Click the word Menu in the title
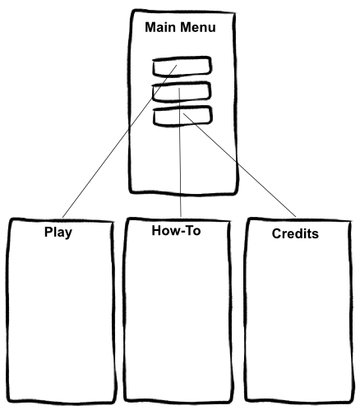pyautogui.click(x=198, y=27)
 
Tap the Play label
pyautogui.click(x=58, y=233)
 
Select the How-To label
pyautogui.click(x=176, y=230)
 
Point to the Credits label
pyautogui.click(x=295, y=233)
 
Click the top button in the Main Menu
pyautogui.click(x=182, y=67)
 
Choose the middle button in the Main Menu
pyautogui.click(x=182, y=91)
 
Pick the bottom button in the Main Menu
pyautogui.click(x=182, y=116)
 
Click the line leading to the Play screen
pyautogui.click(x=120, y=141)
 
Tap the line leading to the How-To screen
pyautogui.click(x=180, y=153)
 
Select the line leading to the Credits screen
pyautogui.click(x=239, y=165)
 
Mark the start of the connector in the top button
pyautogui.click(x=177, y=65)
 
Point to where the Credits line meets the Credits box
pyautogui.click(x=296, y=218)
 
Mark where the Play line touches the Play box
pyautogui.click(x=62, y=218)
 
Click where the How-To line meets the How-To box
pyautogui.click(x=181, y=218)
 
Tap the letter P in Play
pyautogui.click(x=48, y=232)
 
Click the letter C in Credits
pyautogui.click(x=276, y=233)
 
